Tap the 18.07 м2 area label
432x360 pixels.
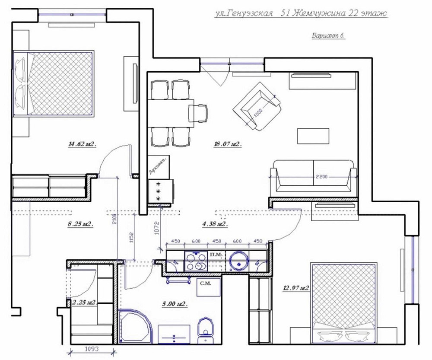pyautogui.click(x=227, y=144)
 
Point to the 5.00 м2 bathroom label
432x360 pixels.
pyautogui.click(x=175, y=304)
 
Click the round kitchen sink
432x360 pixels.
pyautogui.click(x=238, y=261)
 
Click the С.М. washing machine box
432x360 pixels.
pyautogui.click(x=209, y=287)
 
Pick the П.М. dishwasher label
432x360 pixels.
pyautogui.click(x=216, y=255)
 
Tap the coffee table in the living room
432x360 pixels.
pyautogui.click(x=313, y=136)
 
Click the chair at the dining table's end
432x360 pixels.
pyautogui.click(x=198, y=113)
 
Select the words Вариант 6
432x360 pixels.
pyautogui.click(x=328, y=36)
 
